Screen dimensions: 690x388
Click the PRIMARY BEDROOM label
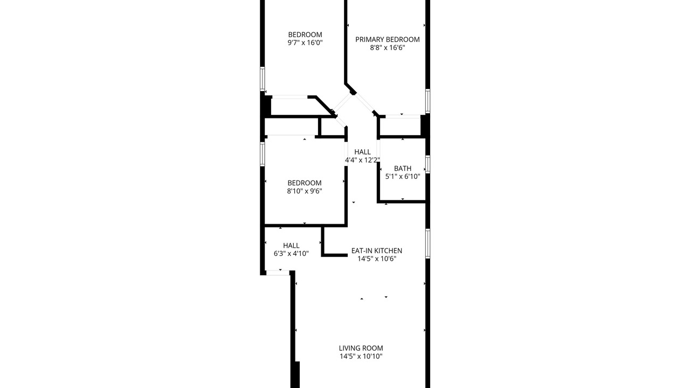[387, 39]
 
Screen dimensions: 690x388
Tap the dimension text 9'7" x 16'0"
[305, 43]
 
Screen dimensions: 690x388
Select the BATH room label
[403, 169]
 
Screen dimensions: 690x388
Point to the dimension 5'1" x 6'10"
[403, 176]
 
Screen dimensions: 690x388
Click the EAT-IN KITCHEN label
[376, 251]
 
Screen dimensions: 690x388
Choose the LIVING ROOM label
[361, 348]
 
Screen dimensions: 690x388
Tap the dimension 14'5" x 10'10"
[361, 356]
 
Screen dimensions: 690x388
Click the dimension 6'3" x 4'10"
[291, 253]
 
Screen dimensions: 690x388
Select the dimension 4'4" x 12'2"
[362, 160]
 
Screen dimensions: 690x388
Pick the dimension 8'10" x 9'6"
[305, 191]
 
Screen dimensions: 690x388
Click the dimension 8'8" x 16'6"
[387, 47]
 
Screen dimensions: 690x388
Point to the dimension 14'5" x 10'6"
[376, 259]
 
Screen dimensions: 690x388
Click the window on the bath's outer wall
[427, 164]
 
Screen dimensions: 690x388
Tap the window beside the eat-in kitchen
[427, 243]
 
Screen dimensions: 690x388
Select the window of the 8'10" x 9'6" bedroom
[263, 154]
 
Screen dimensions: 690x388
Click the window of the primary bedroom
[427, 101]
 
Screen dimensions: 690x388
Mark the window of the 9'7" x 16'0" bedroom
[263, 79]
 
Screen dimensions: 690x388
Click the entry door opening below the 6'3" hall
[278, 273]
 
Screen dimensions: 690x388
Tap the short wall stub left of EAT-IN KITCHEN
[335, 255]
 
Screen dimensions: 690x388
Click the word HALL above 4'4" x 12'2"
[362, 152]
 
